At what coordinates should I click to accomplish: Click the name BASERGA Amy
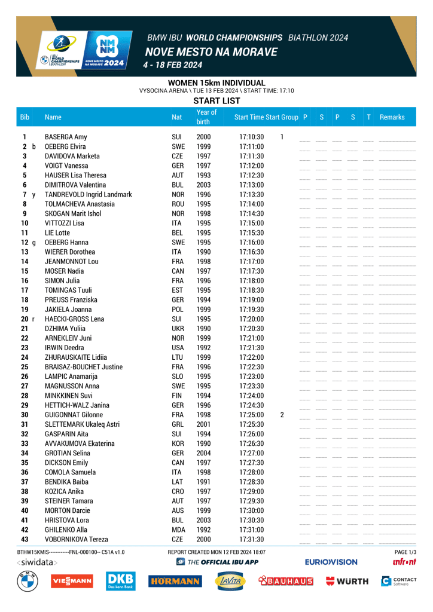66,137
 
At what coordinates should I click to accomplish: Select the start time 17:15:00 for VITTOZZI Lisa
251,223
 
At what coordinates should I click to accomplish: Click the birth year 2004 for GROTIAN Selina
203,453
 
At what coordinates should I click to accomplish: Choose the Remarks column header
392,117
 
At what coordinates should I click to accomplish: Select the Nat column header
177,117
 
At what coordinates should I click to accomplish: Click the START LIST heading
216,100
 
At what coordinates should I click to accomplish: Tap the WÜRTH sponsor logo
347,581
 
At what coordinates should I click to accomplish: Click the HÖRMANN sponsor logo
175,581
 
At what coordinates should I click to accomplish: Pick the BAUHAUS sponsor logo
286,581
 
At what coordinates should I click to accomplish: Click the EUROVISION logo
331,562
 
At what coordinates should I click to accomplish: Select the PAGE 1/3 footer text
405,552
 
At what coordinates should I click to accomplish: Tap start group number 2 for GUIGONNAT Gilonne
282,415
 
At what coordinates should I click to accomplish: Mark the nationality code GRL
177,424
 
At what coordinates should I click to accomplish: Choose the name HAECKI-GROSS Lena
74,319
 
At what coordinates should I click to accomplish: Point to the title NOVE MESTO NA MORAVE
211,52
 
